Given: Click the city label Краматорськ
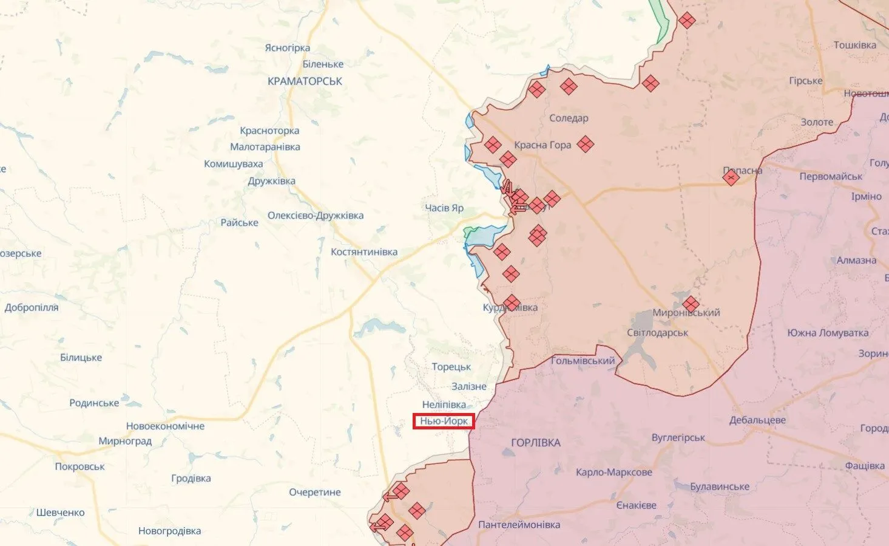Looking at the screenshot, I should click(x=305, y=81).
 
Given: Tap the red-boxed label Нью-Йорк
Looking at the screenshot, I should click(x=444, y=421).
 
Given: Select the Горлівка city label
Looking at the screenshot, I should click(x=536, y=443).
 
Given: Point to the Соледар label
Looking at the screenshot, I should click(x=569, y=118).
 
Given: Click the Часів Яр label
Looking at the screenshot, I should click(x=444, y=208).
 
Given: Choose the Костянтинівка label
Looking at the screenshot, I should click(x=364, y=251).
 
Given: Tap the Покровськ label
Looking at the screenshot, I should click(x=79, y=466).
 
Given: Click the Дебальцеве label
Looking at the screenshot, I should click(x=757, y=420).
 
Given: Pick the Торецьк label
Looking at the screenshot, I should click(x=451, y=367).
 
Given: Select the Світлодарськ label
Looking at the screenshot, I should click(x=658, y=333).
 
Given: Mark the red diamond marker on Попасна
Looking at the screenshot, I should click(x=731, y=177).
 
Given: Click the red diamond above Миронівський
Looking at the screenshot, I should click(x=691, y=303).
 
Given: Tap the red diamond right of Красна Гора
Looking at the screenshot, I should click(x=585, y=144).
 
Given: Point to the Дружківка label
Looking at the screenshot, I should click(x=271, y=180).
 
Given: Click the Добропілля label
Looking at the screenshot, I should click(x=32, y=307).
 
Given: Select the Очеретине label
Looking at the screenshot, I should click(x=315, y=492).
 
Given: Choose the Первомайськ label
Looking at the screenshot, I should click(x=831, y=176).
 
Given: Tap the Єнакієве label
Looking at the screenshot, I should click(x=636, y=505).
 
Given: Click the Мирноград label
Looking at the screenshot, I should click(x=125, y=441).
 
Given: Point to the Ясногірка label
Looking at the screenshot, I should click(x=287, y=47).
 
